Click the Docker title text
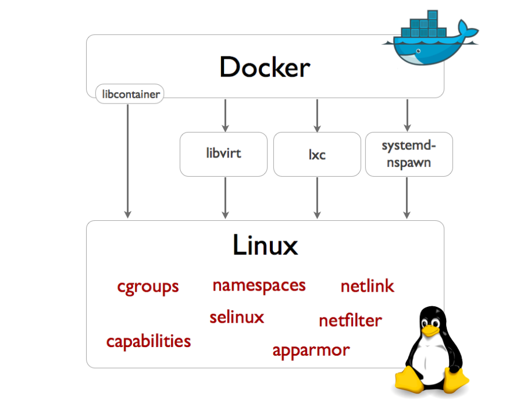[x=265, y=68]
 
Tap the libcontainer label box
[x=129, y=94]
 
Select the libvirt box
[x=223, y=154]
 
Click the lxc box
[x=317, y=155]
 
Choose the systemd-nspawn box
[x=408, y=154]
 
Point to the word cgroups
[x=148, y=287]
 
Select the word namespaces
[x=259, y=285]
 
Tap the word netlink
[x=367, y=286]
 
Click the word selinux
[x=237, y=317]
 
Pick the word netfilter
[x=350, y=320]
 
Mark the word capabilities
[x=148, y=341]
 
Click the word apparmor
[x=311, y=350]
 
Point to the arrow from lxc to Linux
[x=317, y=198]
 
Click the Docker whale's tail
[x=467, y=29]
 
